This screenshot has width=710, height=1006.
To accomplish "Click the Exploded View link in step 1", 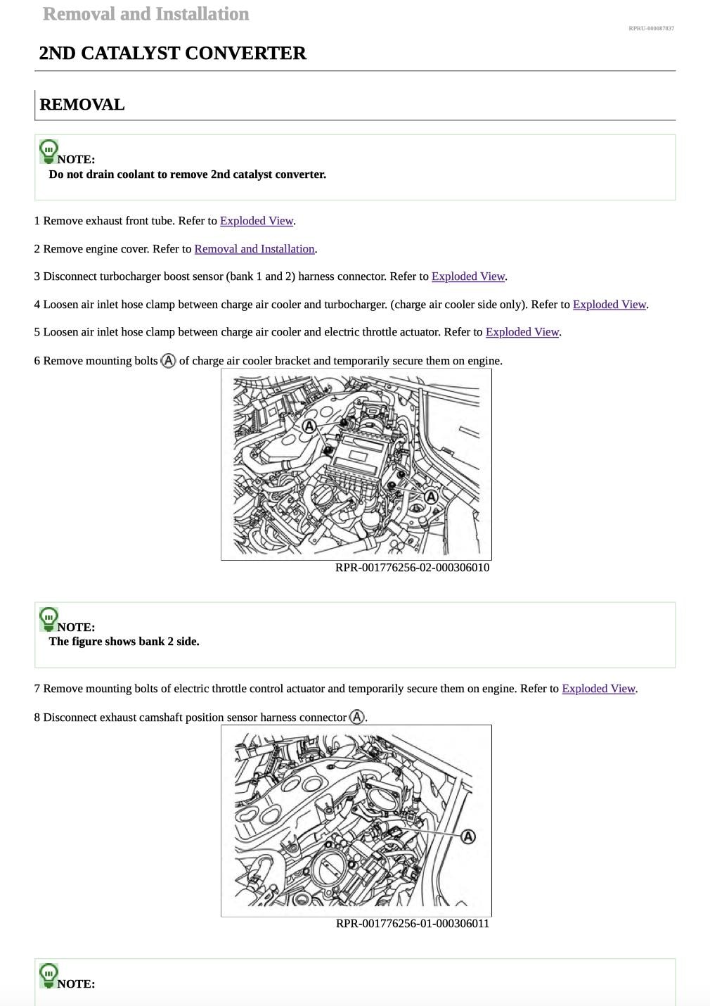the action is coord(257,221).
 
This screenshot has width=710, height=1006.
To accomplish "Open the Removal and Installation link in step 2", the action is coord(254,249).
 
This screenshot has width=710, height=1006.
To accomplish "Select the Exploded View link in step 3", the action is coord(469,276).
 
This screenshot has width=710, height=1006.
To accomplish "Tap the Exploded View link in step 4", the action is coord(609,305).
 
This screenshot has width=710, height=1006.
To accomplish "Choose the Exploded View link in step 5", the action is coord(522,332).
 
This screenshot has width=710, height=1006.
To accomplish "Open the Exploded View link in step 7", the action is coord(599,689).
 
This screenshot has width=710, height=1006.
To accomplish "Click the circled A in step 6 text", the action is coord(168,360).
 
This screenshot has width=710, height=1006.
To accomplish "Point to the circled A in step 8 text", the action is coord(357,717).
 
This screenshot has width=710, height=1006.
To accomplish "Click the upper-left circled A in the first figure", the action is coord(309,426).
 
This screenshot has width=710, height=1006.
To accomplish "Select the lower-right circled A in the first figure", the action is coord(432,497).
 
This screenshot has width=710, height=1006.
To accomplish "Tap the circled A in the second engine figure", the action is coord(468,836).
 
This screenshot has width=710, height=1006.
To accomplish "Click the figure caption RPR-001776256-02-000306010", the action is coord(412,568).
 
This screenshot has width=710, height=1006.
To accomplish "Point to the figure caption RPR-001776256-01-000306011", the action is coord(412,924).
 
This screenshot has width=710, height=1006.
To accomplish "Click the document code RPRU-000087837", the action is coord(651,28).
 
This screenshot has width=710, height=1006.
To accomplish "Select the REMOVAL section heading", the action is coord(82,105).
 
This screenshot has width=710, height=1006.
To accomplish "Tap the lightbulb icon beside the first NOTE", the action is coord(49,151).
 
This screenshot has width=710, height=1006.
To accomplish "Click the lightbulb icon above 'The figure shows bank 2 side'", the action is coord(49,619).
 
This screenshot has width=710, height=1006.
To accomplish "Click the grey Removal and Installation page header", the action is coord(146,14).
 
